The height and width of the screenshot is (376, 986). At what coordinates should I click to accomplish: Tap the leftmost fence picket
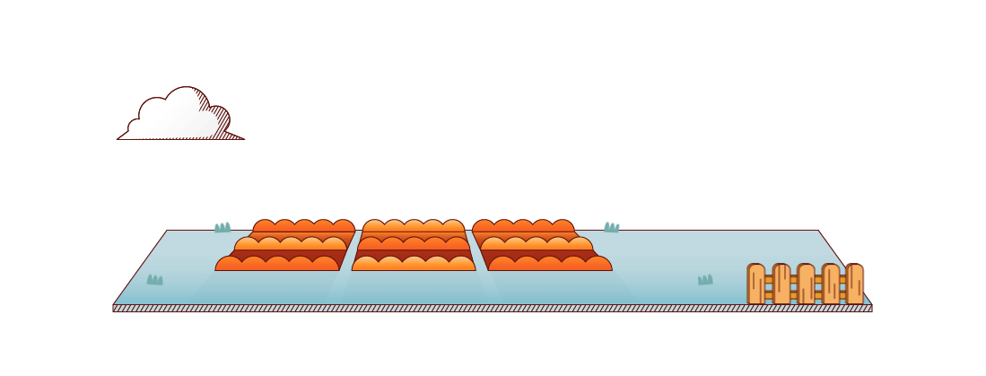point(756,284)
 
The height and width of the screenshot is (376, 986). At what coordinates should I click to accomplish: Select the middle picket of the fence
point(806,284)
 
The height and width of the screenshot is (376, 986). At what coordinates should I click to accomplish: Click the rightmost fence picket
point(854,284)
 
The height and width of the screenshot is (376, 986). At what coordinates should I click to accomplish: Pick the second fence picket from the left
point(781,284)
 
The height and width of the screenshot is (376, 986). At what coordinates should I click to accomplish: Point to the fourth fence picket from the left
point(831,284)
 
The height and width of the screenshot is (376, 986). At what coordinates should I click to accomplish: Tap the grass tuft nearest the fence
point(705,280)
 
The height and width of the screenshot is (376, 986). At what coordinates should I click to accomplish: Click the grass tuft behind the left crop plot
point(223,227)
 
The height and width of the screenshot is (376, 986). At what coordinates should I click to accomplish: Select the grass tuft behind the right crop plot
point(612,227)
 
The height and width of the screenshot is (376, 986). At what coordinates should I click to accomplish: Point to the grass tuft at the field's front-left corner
point(155,280)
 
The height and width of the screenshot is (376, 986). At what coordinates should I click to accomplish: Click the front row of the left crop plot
point(277,264)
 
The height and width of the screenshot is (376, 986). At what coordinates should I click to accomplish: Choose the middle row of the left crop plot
point(290,244)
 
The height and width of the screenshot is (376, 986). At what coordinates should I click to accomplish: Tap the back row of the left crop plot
point(303,226)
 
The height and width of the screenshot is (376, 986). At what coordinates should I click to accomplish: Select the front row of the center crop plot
point(414,264)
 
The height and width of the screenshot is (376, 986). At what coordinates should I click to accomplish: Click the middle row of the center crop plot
point(414,244)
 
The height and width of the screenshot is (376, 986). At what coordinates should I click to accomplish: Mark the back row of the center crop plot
point(414,226)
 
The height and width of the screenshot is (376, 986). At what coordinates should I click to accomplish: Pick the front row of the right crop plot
point(550,264)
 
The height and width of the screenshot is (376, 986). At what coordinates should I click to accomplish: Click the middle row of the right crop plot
point(537,244)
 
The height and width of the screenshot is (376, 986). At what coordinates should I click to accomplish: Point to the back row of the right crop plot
point(523,226)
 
